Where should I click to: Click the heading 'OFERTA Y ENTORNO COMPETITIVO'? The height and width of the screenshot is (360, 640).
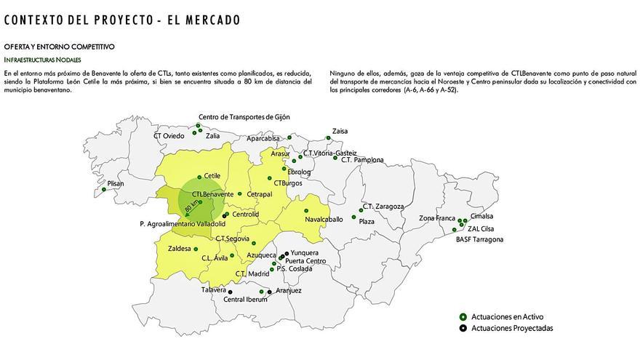59,47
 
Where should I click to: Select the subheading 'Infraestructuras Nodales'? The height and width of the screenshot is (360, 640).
42,59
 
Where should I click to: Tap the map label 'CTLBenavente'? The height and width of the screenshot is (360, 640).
212,194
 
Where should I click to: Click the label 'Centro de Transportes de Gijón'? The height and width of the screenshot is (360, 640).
244,116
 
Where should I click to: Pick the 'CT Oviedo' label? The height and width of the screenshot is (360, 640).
169,136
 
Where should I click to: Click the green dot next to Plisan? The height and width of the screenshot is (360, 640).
104,190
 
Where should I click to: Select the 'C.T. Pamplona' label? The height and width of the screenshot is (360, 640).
361,160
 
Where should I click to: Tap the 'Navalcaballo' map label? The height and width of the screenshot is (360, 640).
324,219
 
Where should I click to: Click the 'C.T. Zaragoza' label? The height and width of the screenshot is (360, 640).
383,207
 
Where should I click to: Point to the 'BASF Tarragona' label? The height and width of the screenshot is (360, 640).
479,239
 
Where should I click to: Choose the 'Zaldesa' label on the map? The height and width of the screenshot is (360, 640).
179,249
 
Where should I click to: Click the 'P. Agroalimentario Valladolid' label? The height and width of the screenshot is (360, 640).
183,224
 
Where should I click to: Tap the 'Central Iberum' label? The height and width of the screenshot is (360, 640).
245,300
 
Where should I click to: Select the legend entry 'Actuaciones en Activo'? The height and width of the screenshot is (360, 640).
507,317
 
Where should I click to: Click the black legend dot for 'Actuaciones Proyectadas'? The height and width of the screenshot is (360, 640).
463,329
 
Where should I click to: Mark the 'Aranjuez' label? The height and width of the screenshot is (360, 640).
289,291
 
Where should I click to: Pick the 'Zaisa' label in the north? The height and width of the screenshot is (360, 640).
340,132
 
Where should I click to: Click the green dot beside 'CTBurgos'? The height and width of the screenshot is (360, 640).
269,179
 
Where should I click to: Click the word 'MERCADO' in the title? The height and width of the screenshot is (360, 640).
211,20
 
